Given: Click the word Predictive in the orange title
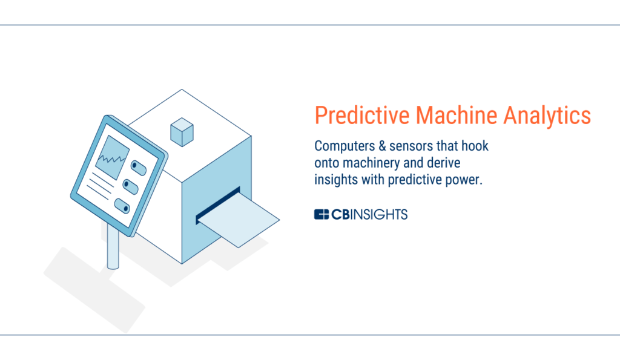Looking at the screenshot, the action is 362,116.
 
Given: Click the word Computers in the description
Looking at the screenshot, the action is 345,146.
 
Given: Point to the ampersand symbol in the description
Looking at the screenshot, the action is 382,146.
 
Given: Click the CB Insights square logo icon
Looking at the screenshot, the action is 322,214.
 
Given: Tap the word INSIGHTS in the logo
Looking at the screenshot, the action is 379,214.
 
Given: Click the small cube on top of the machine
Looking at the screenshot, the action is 182,132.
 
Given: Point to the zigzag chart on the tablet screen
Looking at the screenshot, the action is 112,159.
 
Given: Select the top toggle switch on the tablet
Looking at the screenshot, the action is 139,168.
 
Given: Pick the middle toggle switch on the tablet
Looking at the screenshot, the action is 130,186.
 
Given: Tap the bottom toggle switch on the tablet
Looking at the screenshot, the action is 122,206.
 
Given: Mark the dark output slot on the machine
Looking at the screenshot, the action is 218,206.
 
